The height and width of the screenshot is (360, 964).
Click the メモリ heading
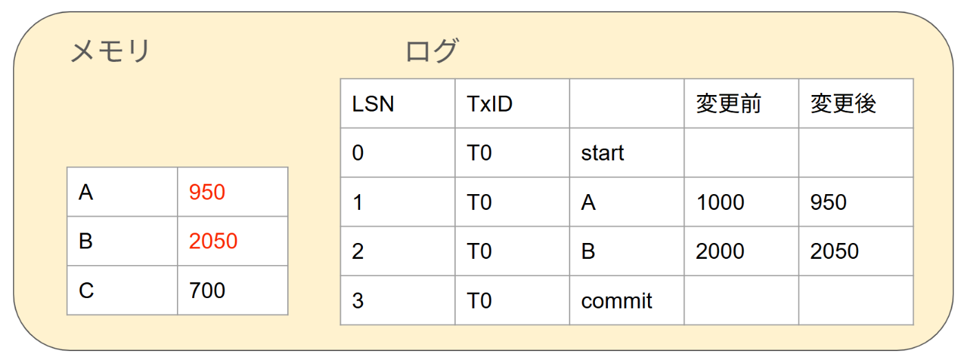pyautogui.click(x=110, y=52)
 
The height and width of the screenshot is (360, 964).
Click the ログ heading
pyautogui.click(x=432, y=52)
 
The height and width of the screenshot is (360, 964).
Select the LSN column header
pyautogui.click(x=373, y=104)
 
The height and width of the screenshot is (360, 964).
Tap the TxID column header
pyautogui.click(x=490, y=104)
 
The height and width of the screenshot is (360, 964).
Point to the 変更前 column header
pyautogui.click(x=729, y=104)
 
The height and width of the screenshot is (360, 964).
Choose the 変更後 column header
pyautogui.click(x=843, y=104)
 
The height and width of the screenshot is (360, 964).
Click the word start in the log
pyautogui.click(x=602, y=153)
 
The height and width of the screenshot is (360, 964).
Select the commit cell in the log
pyautogui.click(x=616, y=301)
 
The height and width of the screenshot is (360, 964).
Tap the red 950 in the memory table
pyautogui.click(x=207, y=192)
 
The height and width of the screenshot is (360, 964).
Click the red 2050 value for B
pyautogui.click(x=213, y=241)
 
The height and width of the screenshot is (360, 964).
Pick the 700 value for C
pyautogui.click(x=207, y=290)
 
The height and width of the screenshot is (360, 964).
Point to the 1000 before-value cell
pyautogui.click(x=720, y=202)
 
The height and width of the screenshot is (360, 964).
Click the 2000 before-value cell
pyautogui.click(x=720, y=251)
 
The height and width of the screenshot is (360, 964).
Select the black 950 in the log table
pyautogui.click(x=828, y=202)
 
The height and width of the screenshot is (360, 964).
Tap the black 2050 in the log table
pyautogui.click(x=835, y=251)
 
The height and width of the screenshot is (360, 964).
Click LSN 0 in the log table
pyautogui.click(x=357, y=153)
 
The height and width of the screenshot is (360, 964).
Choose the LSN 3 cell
pyautogui.click(x=357, y=301)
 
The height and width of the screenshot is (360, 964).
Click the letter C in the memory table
pyautogui.click(x=86, y=290)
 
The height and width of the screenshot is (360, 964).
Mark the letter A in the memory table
pyautogui.click(x=86, y=192)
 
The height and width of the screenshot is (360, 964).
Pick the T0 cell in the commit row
pyautogui.click(x=479, y=301)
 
